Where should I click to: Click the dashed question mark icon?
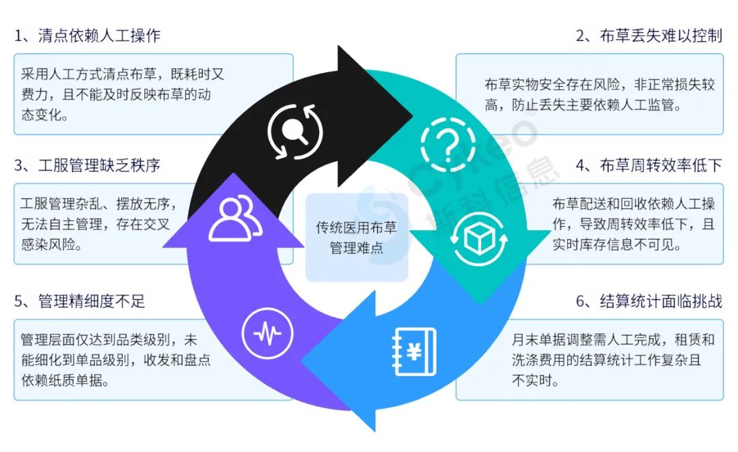click(x=448, y=144)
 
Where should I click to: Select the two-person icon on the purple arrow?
click(x=235, y=218)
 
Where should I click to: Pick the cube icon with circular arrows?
click(x=478, y=238)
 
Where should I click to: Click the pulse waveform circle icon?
click(x=267, y=333)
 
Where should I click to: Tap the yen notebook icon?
click(x=414, y=352)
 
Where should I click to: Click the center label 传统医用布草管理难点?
click(x=356, y=238)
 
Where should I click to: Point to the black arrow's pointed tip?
click(x=413, y=115)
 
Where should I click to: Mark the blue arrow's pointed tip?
click(x=302, y=362)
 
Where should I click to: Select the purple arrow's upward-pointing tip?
click(x=233, y=174)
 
